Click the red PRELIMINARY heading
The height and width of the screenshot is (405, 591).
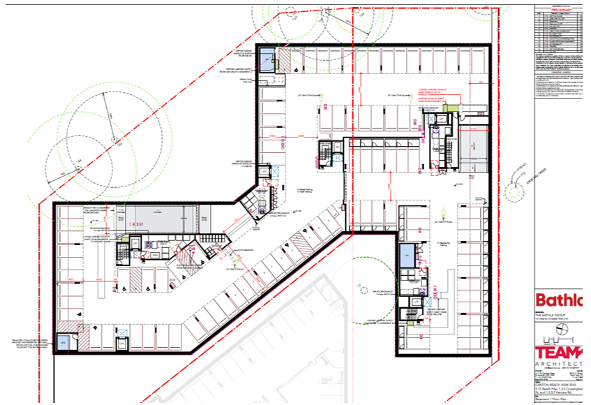point(557,10)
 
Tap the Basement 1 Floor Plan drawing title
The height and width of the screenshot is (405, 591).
point(551,397)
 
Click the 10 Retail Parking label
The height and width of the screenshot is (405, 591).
point(304,191)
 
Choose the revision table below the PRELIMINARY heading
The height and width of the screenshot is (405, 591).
point(557,31)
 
